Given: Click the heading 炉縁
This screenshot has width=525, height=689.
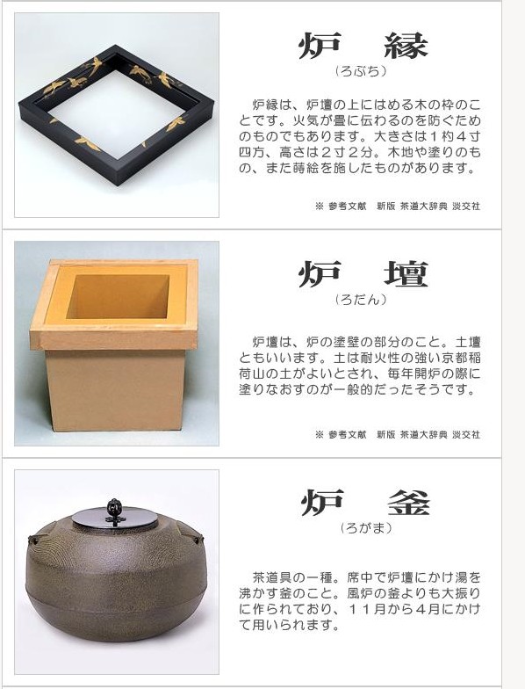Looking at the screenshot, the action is pyautogui.click(x=363, y=46).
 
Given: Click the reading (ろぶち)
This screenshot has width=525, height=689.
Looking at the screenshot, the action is pyautogui.click(x=361, y=71).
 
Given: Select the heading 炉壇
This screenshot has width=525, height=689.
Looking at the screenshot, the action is pyautogui.click(x=363, y=274).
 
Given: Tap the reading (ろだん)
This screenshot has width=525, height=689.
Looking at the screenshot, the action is pyautogui.click(x=361, y=300).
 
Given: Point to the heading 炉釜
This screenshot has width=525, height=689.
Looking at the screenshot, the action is pyautogui.click(x=365, y=503).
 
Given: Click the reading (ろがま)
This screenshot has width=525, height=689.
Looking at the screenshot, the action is pyautogui.click(x=365, y=528).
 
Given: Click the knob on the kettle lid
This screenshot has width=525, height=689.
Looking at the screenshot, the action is pyautogui.click(x=114, y=510).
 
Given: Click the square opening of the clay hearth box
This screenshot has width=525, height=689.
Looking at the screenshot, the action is pyautogui.click(x=118, y=297).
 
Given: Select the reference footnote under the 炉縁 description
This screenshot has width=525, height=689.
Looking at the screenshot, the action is pyautogui.click(x=397, y=206).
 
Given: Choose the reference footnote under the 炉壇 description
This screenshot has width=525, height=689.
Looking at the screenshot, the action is pyautogui.click(x=397, y=434).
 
